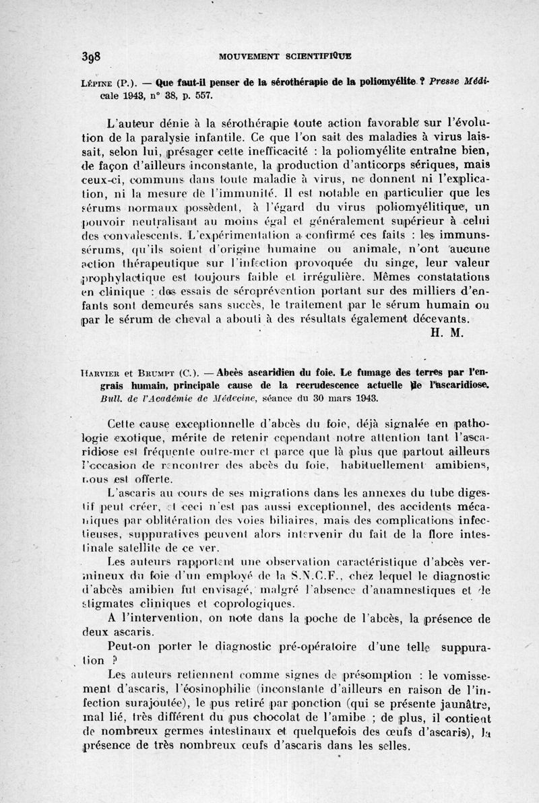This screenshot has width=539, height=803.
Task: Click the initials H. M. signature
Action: pyautogui.click(x=444, y=331)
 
